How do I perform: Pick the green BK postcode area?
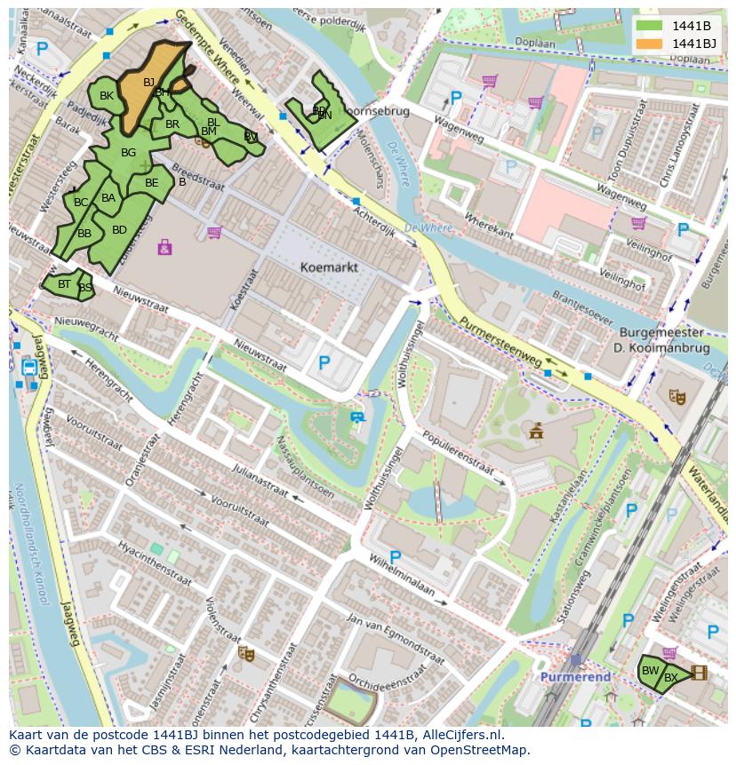coord(106,96)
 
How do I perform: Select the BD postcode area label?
coord(119,230)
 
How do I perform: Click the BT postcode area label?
coord(64,284)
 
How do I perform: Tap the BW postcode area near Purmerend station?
coord(650,671)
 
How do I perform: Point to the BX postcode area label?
coord(671,678)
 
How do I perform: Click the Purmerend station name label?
coord(575,677)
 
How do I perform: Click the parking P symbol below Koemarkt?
coord(324,363)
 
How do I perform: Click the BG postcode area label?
coord(128,153)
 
